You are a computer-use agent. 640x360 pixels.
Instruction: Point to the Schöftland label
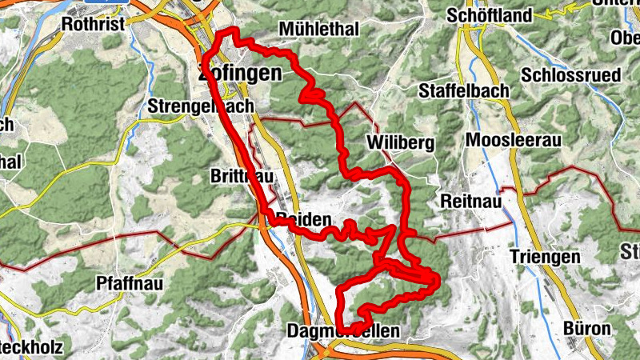click(490, 15)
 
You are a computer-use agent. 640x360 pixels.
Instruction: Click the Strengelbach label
click(201, 106)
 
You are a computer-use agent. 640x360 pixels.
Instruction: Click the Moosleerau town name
click(514, 140)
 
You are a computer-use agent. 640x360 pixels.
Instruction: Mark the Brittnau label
click(234, 175)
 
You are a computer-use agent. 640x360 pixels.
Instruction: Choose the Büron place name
click(587, 328)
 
